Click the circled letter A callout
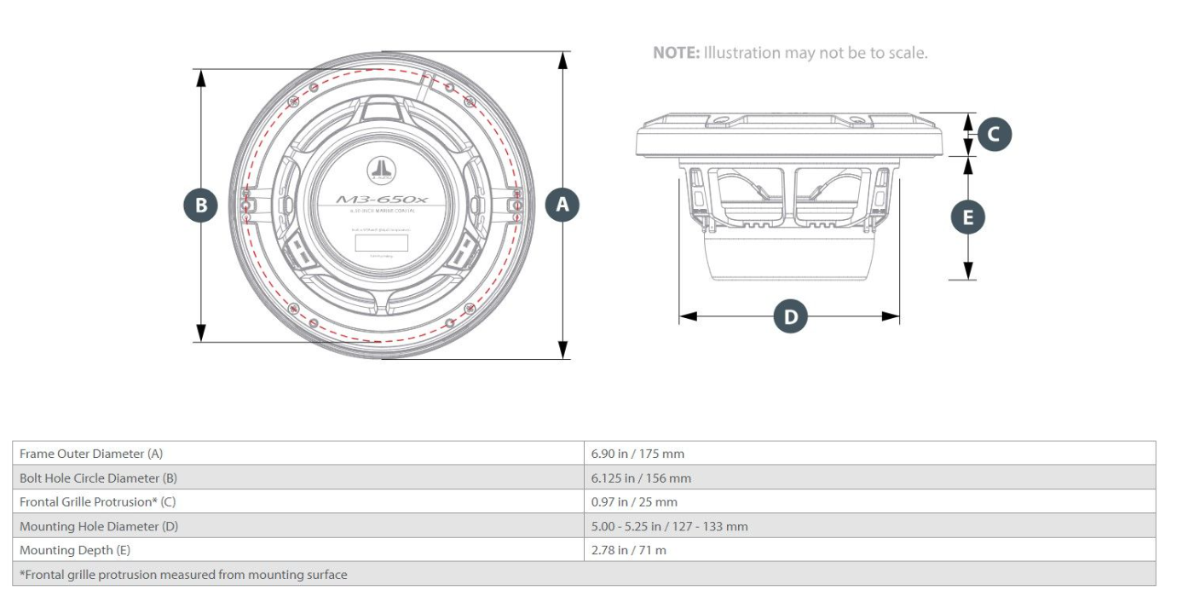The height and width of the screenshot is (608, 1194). coord(562,205)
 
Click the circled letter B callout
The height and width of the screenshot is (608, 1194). coord(201,205)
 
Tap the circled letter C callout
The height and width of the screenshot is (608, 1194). coord(994,134)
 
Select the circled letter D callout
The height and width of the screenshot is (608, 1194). coord(790,316)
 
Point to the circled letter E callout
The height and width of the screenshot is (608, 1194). coord(967,217)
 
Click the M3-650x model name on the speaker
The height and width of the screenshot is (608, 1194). coord(382,200)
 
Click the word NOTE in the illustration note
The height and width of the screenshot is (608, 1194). coord(676,53)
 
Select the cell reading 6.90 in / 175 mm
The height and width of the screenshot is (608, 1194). coord(637,454)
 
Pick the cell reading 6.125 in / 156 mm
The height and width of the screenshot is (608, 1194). coord(641,478)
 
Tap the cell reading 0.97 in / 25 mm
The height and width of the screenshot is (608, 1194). coord(634,502)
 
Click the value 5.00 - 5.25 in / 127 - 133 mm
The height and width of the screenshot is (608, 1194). coord(669,526)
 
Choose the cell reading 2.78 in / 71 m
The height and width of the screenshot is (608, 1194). coord(629,550)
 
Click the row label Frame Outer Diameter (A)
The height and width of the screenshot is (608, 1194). coord(91,454)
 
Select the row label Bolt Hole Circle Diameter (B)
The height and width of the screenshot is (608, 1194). coord(100,478)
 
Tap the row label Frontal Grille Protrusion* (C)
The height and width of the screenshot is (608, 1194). coord(98,502)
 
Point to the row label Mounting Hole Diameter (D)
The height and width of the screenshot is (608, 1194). coord(99,526)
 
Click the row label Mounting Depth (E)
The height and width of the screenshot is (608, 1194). coord(75,550)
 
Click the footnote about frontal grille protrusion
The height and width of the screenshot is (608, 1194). coord(183,575)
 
